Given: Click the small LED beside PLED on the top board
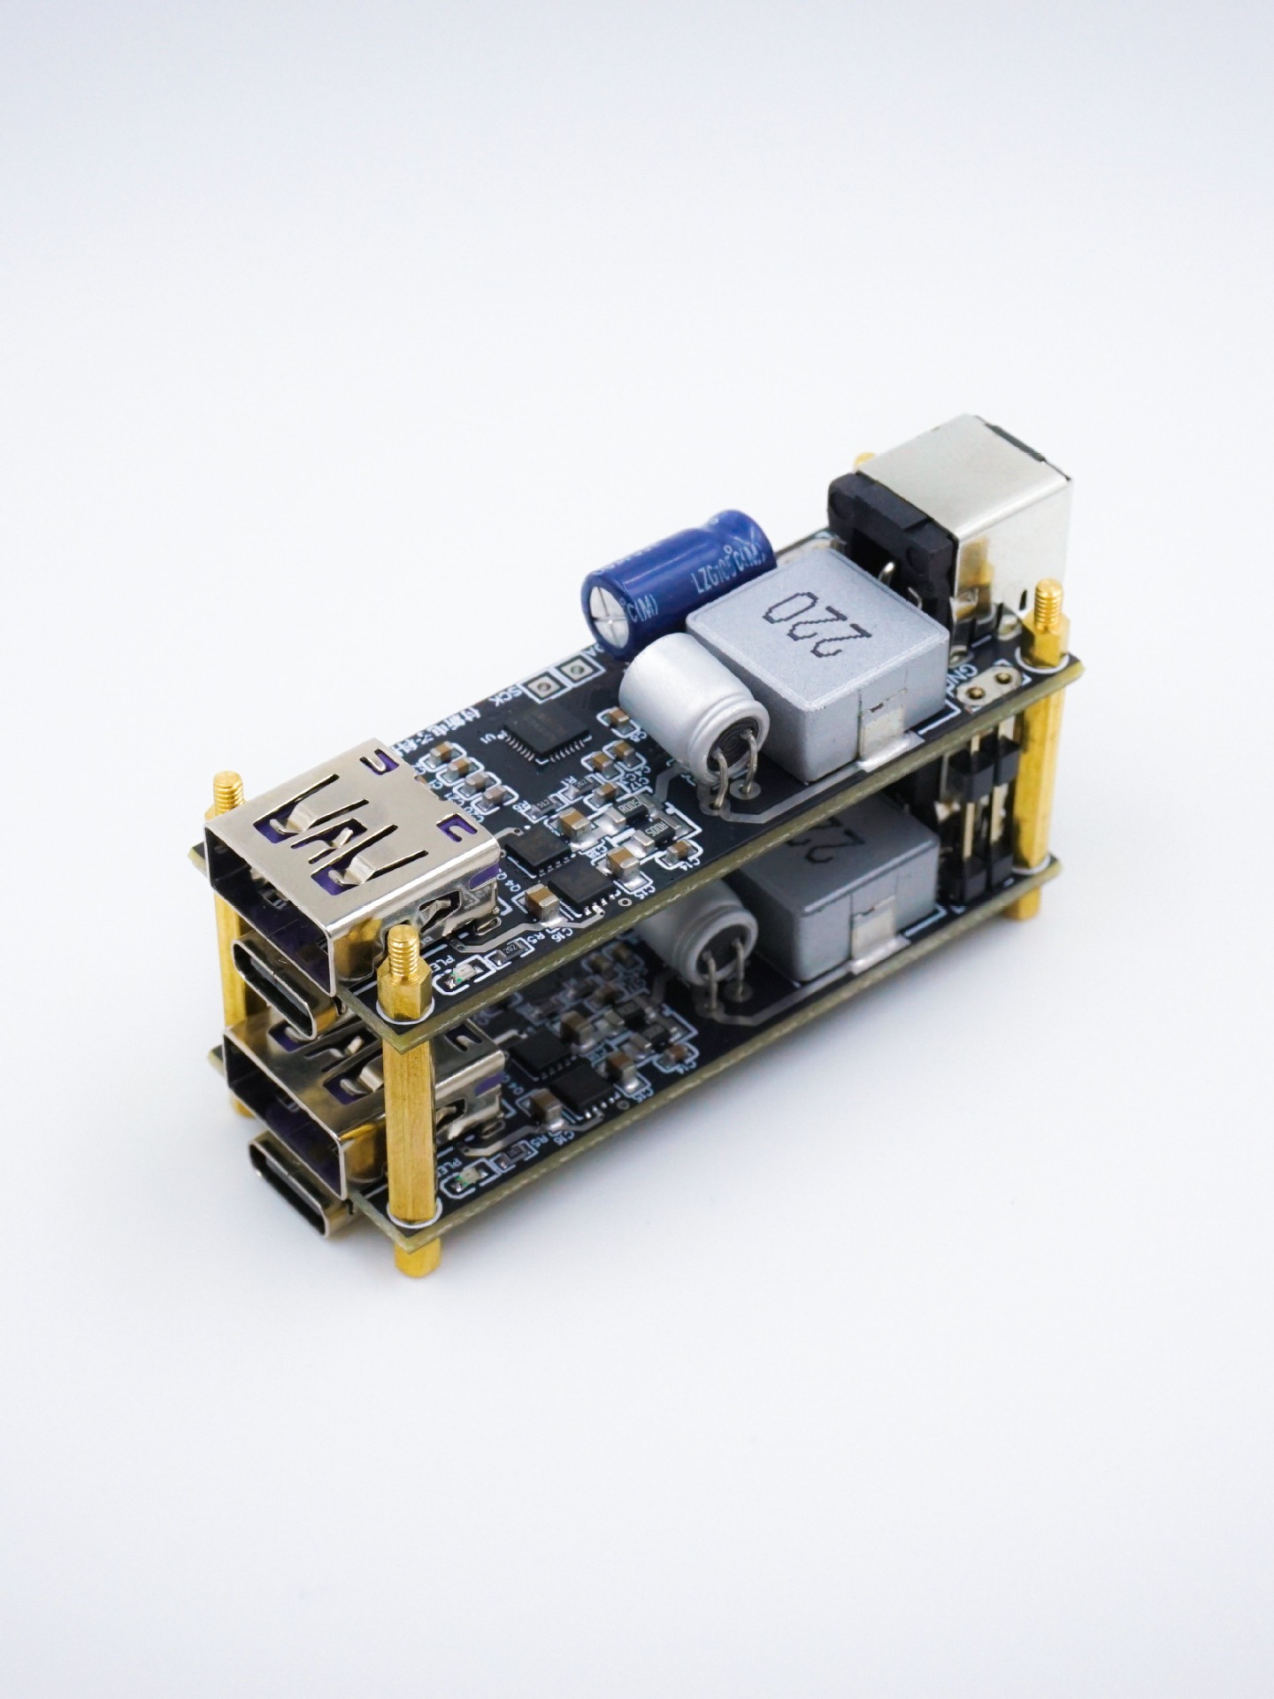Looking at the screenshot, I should tap(461, 975).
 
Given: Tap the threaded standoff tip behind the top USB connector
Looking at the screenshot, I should tap(229, 790).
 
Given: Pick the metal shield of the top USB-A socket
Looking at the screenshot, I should tap(354, 849).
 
